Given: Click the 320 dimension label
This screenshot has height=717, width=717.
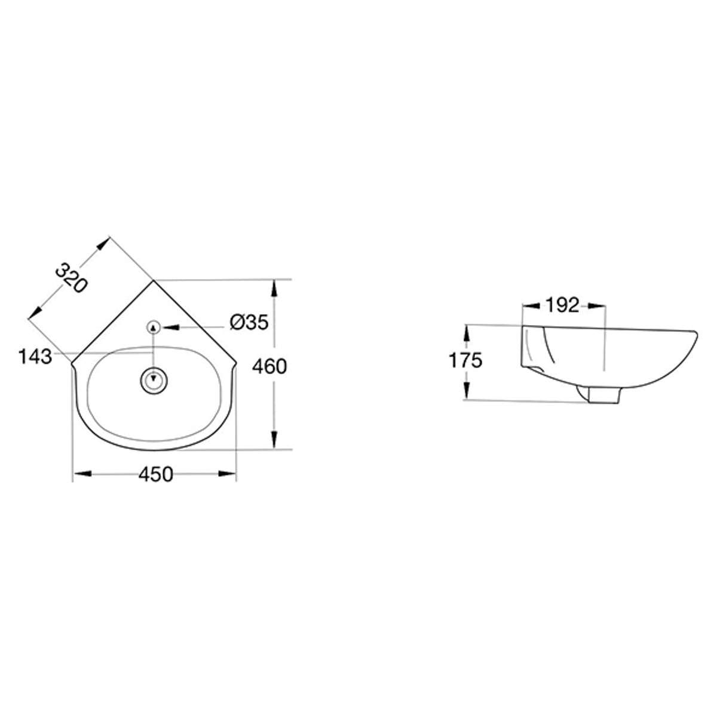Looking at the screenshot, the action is click(x=72, y=278).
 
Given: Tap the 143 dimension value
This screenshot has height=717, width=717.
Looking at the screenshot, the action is click(x=35, y=357).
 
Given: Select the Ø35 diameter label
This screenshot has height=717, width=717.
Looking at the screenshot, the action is click(x=249, y=322).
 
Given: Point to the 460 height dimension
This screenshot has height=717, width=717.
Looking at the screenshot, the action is click(x=269, y=366).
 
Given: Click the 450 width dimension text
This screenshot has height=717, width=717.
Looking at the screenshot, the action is click(x=156, y=474).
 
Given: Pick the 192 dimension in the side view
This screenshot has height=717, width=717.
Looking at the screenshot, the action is click(x=563, y=305).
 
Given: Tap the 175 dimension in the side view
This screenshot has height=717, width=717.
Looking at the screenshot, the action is click(x=465, y=360).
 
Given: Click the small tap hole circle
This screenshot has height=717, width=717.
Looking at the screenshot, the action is click(x=154, y=327).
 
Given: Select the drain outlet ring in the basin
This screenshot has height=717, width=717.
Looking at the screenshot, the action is click(x=154, y=380).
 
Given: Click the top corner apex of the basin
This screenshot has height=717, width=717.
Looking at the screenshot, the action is click(x=154, y=281).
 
